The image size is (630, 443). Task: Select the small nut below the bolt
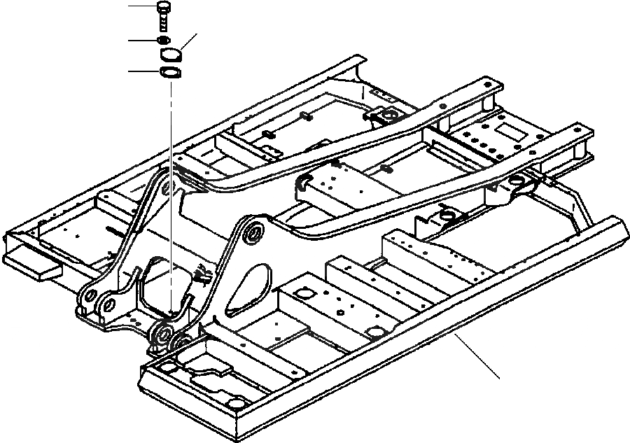coord(164,41)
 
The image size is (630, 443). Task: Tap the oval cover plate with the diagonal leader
coord(171,54)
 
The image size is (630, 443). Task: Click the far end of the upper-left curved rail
coord(496,86)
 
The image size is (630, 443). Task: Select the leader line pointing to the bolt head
coord(143,7)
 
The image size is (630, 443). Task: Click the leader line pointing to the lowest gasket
coord(144,71)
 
